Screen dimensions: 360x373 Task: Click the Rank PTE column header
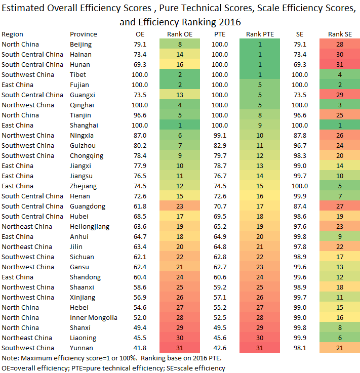tap(260, 34)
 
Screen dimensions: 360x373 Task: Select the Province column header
tap(83, 34)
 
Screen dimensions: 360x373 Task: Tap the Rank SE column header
tap(340, 34)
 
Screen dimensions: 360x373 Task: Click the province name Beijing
tap(81, 45)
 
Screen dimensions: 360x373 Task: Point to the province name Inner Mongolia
tap(94, 317)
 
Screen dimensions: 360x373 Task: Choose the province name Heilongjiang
tap(90, 227)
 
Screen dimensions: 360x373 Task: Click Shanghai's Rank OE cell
tap(180, 126)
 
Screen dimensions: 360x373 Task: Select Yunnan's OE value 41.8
tap(140, 348)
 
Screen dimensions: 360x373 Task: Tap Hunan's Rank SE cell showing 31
tap(340, 65)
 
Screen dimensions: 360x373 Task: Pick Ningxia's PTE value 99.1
tap(220, 136)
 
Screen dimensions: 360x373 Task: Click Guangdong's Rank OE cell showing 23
tap(180, 206)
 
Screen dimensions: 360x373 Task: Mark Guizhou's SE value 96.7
tap(300, 146)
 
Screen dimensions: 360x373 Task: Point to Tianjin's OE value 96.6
tap(140, 115)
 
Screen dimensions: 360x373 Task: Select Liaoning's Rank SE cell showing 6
tap(340, 338)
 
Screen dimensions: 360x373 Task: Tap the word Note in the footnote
tap(10, 358)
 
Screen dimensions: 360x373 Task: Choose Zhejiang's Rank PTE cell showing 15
tap(260, 186)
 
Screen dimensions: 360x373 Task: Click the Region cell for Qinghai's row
tap(28, 105)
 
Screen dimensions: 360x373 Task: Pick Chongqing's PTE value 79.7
tap(220, 156)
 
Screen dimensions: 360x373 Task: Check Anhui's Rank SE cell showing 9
tap(340, 237)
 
